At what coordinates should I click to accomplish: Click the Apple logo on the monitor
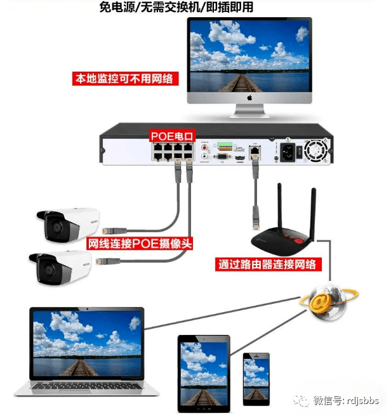point(249,99)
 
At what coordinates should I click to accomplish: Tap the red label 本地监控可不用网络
point(124,79)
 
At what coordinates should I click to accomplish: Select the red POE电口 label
point(172,136)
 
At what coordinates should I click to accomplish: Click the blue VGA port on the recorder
point(222,155)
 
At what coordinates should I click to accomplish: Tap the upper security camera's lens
point(56,227)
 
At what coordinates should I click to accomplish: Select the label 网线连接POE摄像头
point(139,244)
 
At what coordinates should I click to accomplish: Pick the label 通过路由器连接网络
point(266,265)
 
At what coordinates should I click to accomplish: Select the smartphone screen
point(256,380)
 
